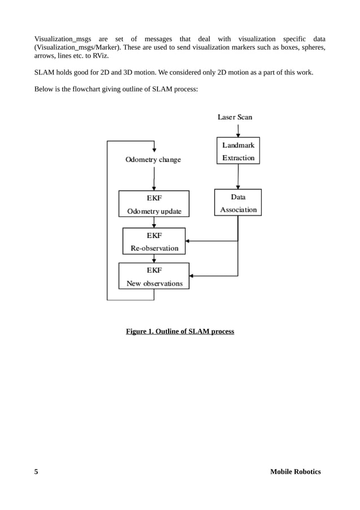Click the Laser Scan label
click(235, 117)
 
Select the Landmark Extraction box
click(238, 151)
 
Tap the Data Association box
click(238, 203)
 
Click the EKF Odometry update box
click(153, 204)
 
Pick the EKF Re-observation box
click(153, 241)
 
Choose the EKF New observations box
click(153, 276)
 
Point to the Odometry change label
click(153, 160)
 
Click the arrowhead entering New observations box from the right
click(192, 276)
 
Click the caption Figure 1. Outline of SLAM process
click(179, 332)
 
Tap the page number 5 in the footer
click(36, 472)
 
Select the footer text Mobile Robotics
click(295, 472)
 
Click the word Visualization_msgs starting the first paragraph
click(63, 38)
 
